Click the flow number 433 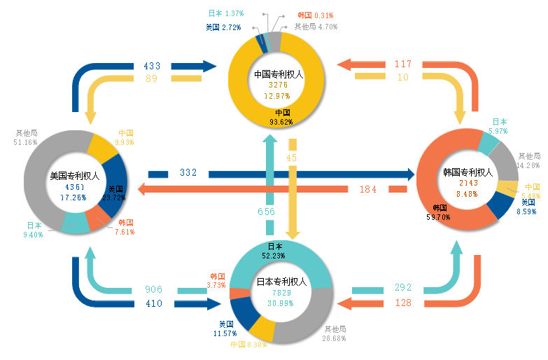pyautogui.click(x=152, y=66)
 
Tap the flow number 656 pyautogui.click(x=267, y=212)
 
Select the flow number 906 pyautogui.click(x=154, y=289)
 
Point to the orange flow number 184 pyautogui.click(x=368, y=189)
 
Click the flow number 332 pyautogui.click(x=188, y=172)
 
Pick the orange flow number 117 pyautogui.click(x=403, y=64)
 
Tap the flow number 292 pyautogui.click(x=403, y=287)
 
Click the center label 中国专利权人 pyautogui.click(x=279, y=74)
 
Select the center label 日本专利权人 pyautogui.click(x=281, y=282)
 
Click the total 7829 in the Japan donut pyautogui.click(x=281, y=293)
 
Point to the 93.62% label pyautogui.click(x=281, y=122)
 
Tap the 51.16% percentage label pyautogui.click(x=25, y=142)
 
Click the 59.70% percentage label pyautogui.click(x=438, y=217)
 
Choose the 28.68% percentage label pyautogui.click(x=334, y=338)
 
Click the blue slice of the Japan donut pyautogui.click(x=245, y=312)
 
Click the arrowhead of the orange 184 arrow pyautogui.click(x=141, y=189)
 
